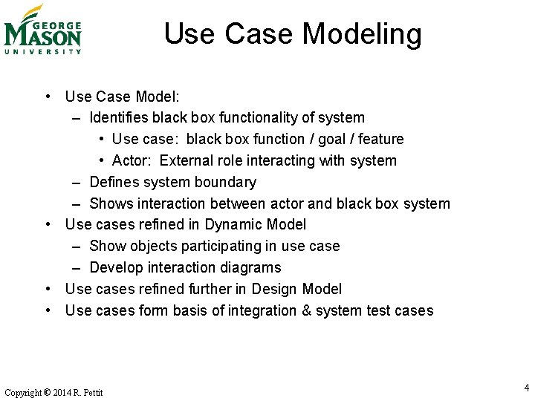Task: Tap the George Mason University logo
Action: pos(42,30)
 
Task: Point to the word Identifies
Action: pos(119,117)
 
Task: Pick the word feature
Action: pos(380,139)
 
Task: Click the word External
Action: pos(186,160)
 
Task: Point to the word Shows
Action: pos(109,203)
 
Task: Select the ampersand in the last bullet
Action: pos(306,310)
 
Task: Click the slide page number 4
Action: pos(526,388)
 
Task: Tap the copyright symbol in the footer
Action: pos(47,392)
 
